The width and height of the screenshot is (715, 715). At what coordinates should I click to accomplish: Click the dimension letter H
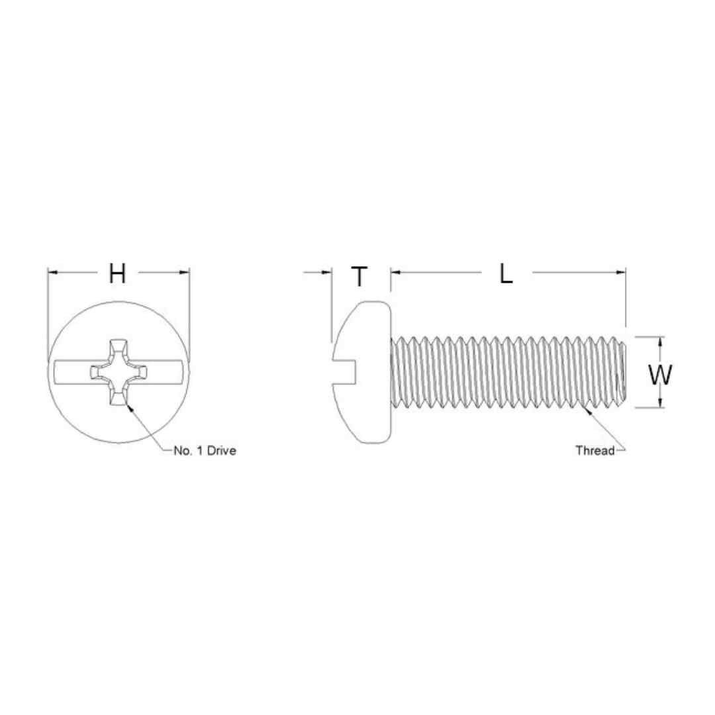(x=117, y=273)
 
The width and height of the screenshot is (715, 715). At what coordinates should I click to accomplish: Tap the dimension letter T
(x=359, y=276)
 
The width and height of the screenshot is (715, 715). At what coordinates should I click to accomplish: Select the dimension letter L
(x=506, y=274)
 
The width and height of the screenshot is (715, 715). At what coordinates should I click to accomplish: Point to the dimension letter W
(x=660, y=375)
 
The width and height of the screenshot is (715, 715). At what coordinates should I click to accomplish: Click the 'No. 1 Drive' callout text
(x=205, y=451)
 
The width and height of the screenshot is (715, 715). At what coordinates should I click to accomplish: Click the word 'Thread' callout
(x=595, y=451)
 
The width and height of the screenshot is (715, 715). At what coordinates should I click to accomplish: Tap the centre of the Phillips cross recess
(x=119, y=372)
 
